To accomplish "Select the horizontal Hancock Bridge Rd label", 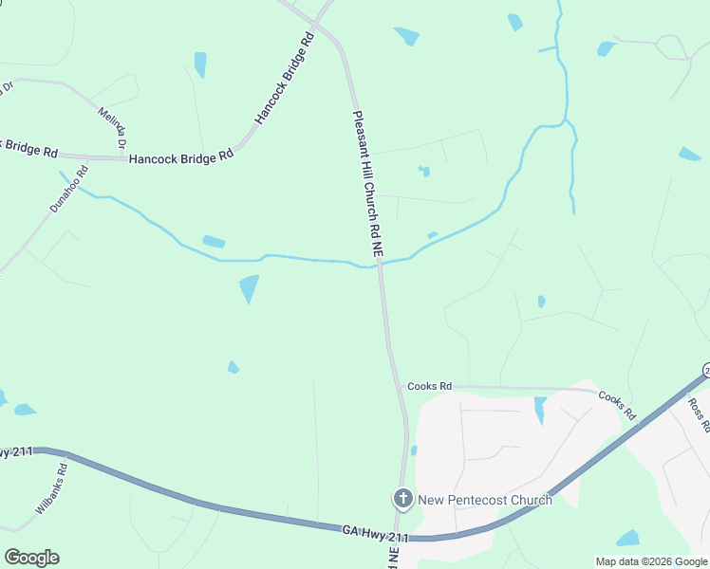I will [x=181, y=157].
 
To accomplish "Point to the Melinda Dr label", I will [x=112, y=129].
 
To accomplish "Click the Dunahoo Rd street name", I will [x=69, y=189].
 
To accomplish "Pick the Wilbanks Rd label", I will [x=51, y=488].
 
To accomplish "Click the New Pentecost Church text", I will [x=484, y=500].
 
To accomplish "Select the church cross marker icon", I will [x=402, y=498].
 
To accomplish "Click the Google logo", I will [x=31, y=558].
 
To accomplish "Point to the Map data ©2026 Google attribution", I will [x=651, y=561].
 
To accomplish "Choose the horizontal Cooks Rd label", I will [x=429, y=386].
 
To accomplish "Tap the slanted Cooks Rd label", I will [x=616, y=405].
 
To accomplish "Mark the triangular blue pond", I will [x=249, y=286].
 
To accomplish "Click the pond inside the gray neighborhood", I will [x=540, y=409].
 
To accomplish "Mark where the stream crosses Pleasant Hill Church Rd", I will [x=379, y=266].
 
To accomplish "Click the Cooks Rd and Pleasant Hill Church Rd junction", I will [x=397, y=388].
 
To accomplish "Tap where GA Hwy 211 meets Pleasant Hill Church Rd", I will [x=402, y=538].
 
